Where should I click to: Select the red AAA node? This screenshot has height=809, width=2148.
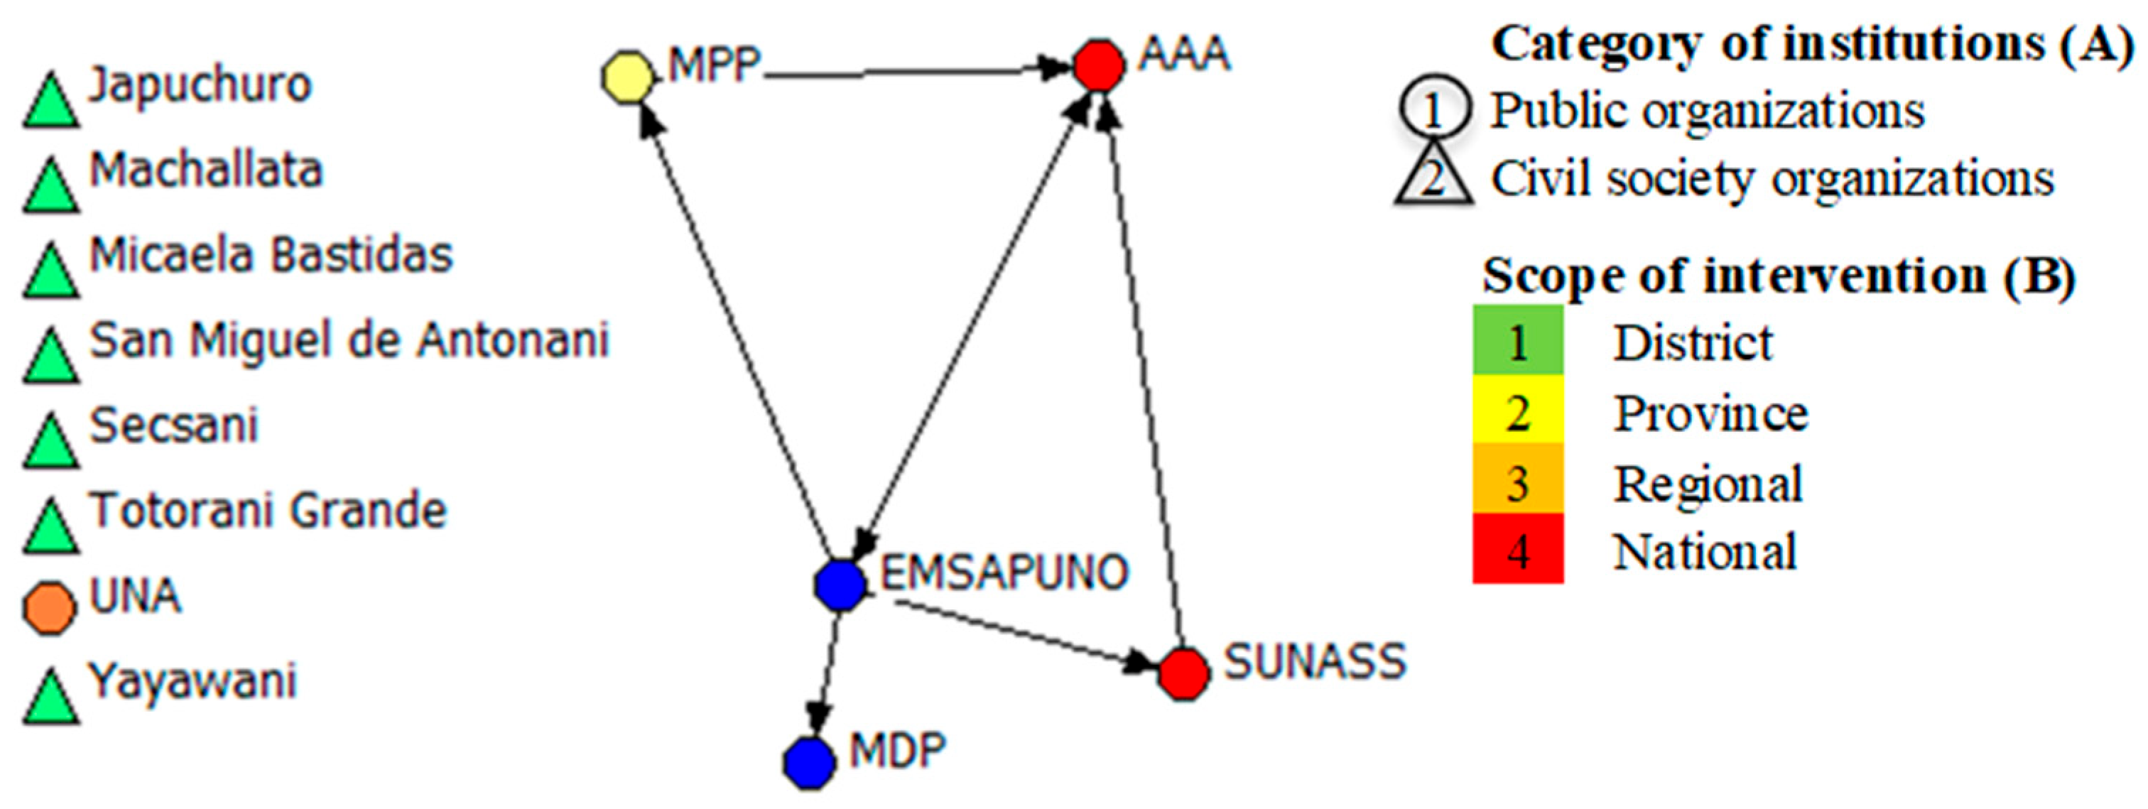click(x=1098, y=65)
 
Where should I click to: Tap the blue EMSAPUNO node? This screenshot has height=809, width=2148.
click(x=840, y=585)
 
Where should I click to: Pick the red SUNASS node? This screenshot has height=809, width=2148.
click(x=1183, y=674)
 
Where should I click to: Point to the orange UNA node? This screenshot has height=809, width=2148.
click(x=49, y=609)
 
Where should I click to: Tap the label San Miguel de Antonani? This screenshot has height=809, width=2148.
click(x=349, y=340)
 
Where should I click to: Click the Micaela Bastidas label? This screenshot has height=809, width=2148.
click(x=271, y=255)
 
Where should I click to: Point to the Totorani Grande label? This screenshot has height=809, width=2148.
click(x=268, y=511)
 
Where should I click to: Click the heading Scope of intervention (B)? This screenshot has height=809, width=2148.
click(x=1778, y=275)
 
